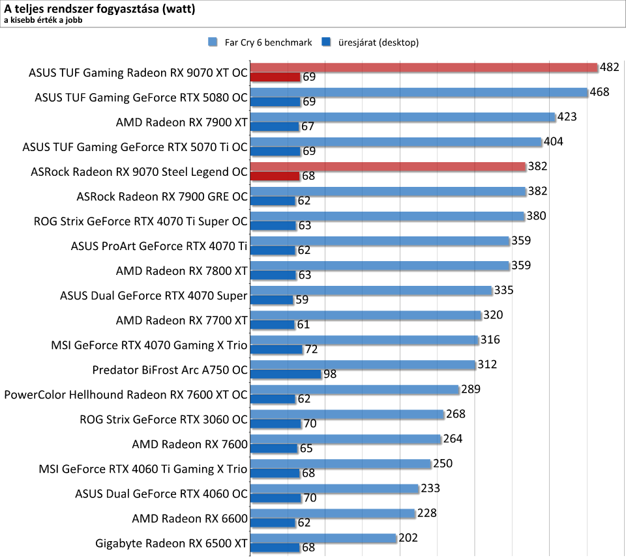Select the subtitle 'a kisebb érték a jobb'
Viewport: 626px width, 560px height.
[43, 20]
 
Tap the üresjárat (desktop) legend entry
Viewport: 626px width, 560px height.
[372, 43]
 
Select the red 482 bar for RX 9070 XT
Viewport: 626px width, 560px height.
[424, 67]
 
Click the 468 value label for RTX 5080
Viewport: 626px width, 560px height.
[599, 92]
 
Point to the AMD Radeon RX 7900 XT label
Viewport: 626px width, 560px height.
[182, 122]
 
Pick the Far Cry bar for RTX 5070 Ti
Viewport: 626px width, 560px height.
[396, 142]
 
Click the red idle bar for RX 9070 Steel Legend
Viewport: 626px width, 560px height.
[275, 176]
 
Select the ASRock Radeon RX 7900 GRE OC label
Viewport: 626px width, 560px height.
[162, 196]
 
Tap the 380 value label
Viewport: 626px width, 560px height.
[537, 216]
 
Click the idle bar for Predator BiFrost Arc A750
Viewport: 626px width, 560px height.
[286, 374]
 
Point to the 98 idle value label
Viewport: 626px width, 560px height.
[331, 374]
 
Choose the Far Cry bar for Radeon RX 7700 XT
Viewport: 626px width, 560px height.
[366, 315]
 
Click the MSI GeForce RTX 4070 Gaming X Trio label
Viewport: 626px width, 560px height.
[149, 344]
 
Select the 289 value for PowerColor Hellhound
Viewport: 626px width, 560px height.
[470, 389]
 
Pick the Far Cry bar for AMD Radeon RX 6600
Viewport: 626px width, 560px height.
[333, 513]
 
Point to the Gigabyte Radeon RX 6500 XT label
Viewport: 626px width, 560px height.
[171, 542]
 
